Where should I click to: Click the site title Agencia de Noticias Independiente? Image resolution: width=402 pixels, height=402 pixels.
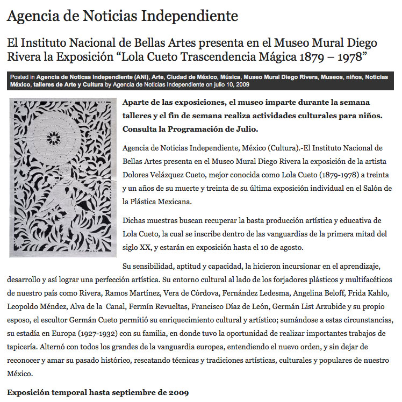click(122, 16)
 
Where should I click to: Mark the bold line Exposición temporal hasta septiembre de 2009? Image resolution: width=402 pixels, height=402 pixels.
click(98, 392)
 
